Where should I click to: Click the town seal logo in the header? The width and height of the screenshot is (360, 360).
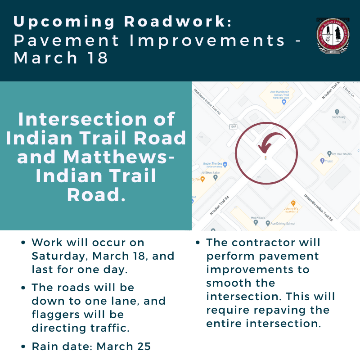[333, 36]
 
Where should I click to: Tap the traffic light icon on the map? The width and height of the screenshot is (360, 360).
[265, 158]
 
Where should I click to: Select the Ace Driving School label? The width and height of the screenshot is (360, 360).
[283, 223]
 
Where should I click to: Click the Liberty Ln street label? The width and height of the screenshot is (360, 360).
[349, 90]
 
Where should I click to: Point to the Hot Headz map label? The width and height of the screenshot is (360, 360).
[259, 217]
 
